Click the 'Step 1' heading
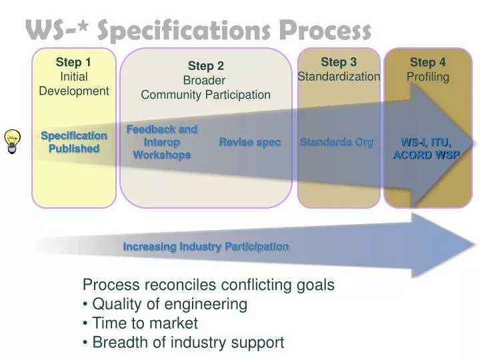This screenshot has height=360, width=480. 73,62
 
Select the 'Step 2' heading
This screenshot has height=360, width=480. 205,65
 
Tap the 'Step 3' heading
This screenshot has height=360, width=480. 339,62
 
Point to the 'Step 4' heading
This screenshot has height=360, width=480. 428,62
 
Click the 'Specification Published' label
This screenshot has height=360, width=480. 73,142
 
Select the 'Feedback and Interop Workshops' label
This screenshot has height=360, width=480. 162,142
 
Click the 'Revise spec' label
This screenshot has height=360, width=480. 250,143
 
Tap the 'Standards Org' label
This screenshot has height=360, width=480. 337,143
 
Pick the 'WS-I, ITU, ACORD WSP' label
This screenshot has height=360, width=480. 426,149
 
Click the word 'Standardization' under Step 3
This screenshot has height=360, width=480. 339,77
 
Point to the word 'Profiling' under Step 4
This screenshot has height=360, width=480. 428,77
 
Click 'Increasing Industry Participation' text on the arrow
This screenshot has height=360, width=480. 206,247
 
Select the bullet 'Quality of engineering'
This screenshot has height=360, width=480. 169,305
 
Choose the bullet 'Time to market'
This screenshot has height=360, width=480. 145,323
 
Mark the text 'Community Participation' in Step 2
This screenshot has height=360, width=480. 205,95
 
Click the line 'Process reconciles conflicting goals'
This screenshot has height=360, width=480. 208,285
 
